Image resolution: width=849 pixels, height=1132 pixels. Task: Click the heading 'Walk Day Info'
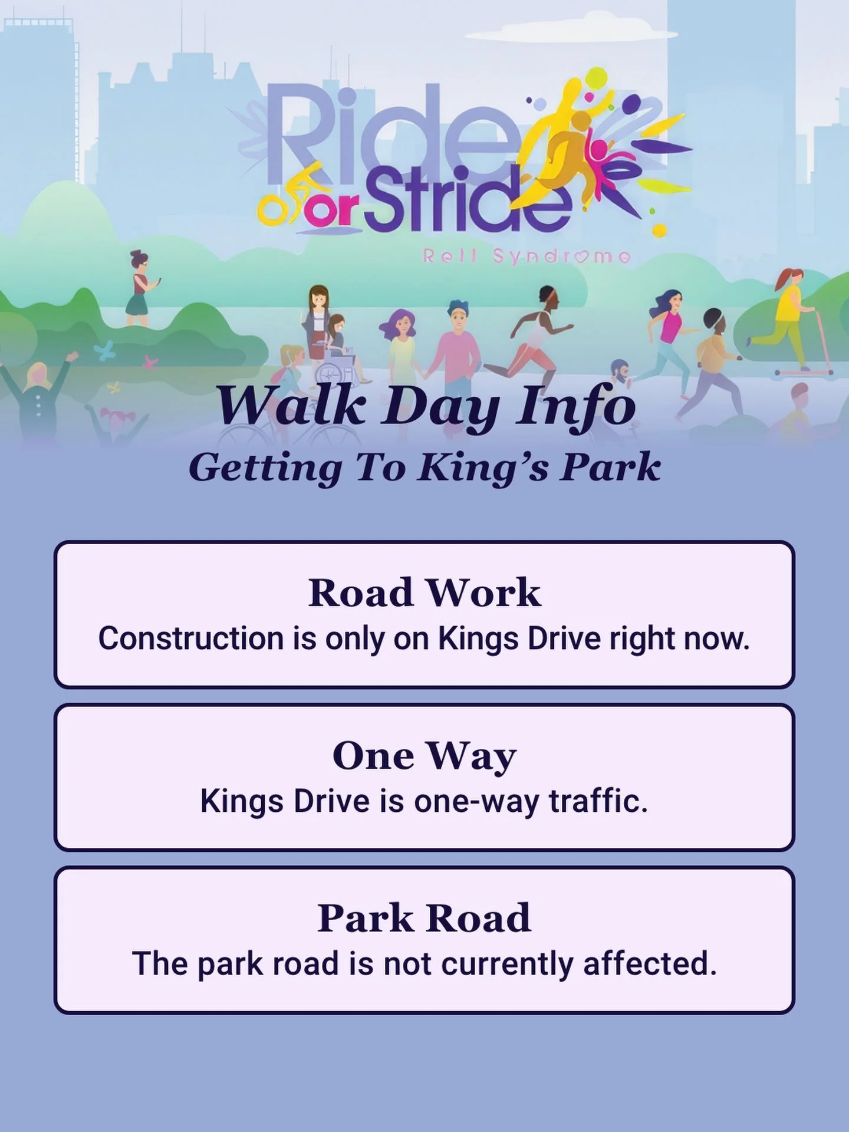(426, 407)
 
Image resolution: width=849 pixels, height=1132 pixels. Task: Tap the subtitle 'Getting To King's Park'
(424, 468)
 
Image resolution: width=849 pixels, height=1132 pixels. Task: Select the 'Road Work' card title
(424, 593)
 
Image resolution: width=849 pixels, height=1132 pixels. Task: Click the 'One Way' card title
(424, 756)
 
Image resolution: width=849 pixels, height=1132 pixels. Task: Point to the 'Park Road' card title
(424, 918)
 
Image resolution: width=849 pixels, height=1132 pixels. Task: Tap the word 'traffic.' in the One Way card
(598, 801)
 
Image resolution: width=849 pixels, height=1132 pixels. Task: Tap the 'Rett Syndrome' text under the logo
(526, 256)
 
